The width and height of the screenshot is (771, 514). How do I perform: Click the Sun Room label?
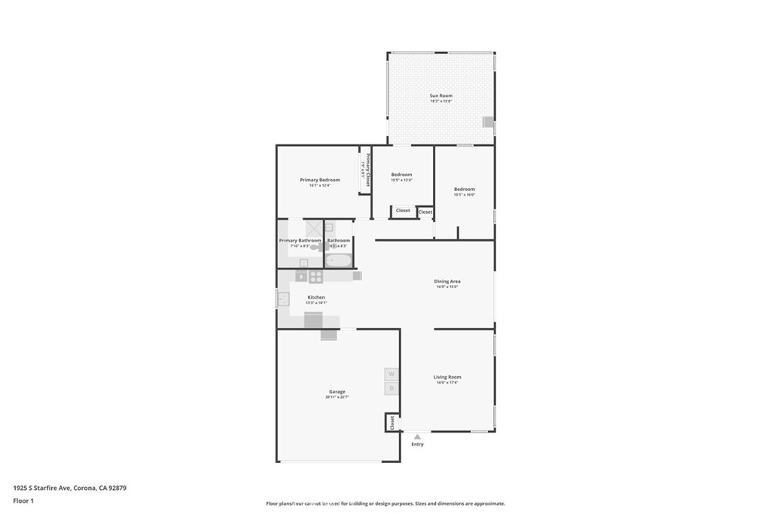[x=440, y=96]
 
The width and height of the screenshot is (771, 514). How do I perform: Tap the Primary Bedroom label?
[x=320, y=180]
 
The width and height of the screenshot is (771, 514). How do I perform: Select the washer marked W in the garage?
[x=392, y=374]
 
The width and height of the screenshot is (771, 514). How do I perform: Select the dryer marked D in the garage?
[x=392, y=388]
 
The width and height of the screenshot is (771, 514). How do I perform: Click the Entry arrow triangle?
[x=417, y=436]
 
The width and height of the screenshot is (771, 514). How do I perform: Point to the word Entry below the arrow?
[x=417, y=444]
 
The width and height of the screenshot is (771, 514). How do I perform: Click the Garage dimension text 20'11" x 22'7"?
[x=337, y=397]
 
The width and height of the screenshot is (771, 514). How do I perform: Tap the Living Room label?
[x=447, y=377]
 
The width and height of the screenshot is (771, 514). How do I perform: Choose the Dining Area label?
[x=447, y=281]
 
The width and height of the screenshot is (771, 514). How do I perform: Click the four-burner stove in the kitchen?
[x=316, y=276]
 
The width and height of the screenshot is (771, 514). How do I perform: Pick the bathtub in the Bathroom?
[x=339, y=261]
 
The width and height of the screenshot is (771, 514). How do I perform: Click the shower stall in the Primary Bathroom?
[x=313, y=229]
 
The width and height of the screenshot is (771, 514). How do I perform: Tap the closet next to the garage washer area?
[x=392, y=422]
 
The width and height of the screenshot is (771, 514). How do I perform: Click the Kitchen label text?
[x=316, y=297]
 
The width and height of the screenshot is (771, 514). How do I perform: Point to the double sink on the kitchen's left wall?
[x=282, y=299]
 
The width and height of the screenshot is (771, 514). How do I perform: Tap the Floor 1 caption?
[x=23, y=500]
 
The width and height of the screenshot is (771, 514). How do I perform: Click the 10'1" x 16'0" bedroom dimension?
[x=464, y=195]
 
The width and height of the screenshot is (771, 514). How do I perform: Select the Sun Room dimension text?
[x=440, y=102]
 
